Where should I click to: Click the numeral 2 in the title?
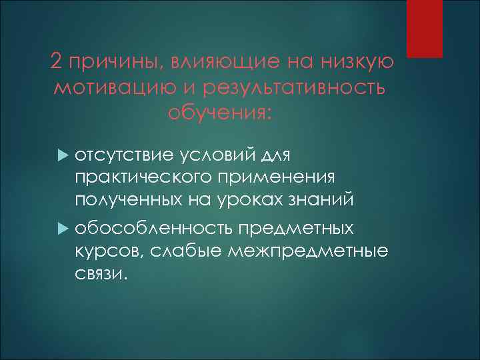(56, 63)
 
